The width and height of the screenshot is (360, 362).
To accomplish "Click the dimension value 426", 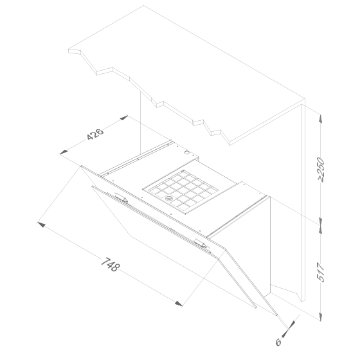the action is coord(95,134).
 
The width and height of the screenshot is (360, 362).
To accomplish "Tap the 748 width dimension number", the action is coord(111,265).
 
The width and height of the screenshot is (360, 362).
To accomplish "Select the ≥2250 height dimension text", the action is coord(321,170).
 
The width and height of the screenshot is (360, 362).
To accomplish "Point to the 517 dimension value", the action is coord(321,272).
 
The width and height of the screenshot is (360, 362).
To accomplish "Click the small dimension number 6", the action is coord(278,341).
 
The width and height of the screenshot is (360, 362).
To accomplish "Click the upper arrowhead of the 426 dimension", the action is coord(124,118).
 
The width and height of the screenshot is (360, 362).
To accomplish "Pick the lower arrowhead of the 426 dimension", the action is coord(64,152).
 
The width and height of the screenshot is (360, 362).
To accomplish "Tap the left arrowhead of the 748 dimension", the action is coord(41,224).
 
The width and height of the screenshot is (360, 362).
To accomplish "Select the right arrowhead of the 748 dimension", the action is coord(179,303).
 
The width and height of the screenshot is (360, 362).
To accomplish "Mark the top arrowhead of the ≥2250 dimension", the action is coord(321,119).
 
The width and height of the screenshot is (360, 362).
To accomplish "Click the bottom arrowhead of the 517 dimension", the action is coord(321,316).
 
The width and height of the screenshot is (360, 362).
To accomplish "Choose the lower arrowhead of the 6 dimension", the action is coord(285,333).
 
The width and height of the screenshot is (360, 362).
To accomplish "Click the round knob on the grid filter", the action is coord(169,198).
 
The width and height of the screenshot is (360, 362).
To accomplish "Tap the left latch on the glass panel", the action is coord(121,197).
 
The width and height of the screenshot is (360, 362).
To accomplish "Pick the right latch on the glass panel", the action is coord(201,243).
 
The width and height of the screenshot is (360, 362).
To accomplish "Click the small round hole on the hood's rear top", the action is coord(186,152).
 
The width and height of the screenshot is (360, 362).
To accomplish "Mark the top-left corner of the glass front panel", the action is coord(81,165).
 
